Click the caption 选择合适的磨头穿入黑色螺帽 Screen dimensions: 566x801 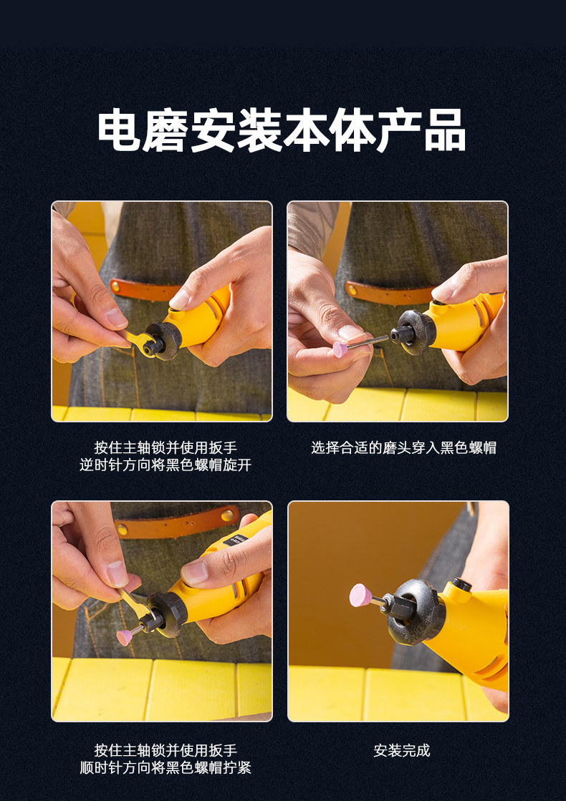[x=403, y=447]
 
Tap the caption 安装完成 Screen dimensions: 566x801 [x=402, y=750]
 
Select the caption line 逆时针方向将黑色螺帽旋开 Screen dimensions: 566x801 [x=166, y=465]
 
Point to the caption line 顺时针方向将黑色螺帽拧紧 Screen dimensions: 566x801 [x=166, y=767]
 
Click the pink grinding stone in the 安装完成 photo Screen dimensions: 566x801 [x=360, y=595]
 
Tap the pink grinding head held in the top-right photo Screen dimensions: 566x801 [x=340, y=349]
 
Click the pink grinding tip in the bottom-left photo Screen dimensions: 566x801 [x=124, y=638]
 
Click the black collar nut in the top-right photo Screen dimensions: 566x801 [x=415, y=332]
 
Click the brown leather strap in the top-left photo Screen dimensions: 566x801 [x=144, y=290]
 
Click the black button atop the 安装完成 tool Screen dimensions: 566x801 [x=461, y=584]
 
